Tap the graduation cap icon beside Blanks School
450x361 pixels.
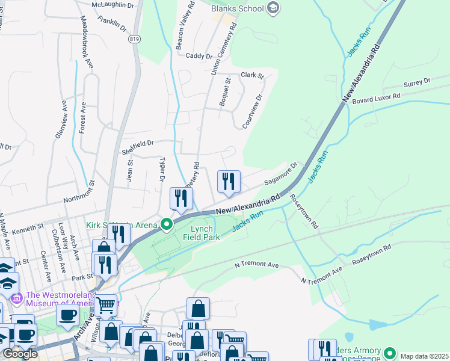(x=274, y=8)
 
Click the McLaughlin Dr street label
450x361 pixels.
(x=114, y=5)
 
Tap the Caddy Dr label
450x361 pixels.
(x=199, y=56)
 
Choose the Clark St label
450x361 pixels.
(x=252, y=75)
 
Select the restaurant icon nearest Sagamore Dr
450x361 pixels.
(x=229, y=181)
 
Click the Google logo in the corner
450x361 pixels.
(x=20, y=354)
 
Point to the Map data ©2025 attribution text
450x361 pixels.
(x=424, y=356)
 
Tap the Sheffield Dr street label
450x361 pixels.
(x=138, y=143)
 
